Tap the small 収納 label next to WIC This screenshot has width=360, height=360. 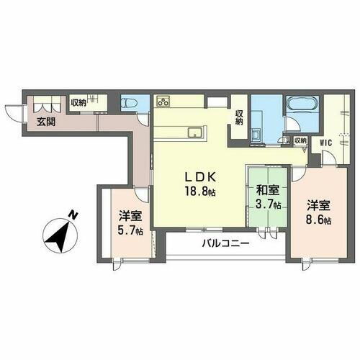[x=300, y=141]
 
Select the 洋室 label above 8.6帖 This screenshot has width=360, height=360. [x=317, y=204]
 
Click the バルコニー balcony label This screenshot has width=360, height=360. [x=225, y=243]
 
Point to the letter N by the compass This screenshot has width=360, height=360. [x=72, y=214]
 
